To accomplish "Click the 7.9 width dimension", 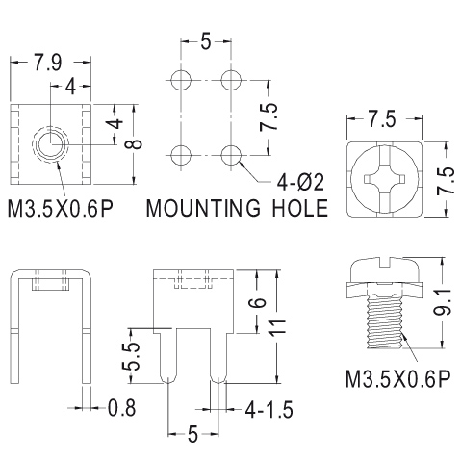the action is (x=47, y=63).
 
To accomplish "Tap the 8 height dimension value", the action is (x=137, y=144).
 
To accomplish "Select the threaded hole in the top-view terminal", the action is (x=51, y=144).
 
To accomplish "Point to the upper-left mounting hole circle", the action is (x=181, y=79).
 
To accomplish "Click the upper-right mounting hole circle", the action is (x=231, y=79).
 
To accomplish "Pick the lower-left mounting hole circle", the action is (x=181, y=155).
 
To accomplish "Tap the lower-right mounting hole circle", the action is (x=231, y=155).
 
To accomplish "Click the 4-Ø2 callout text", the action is (x=300, y=182).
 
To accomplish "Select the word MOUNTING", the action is (x=203, y=208).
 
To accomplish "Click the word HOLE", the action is (x=300, y=208).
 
